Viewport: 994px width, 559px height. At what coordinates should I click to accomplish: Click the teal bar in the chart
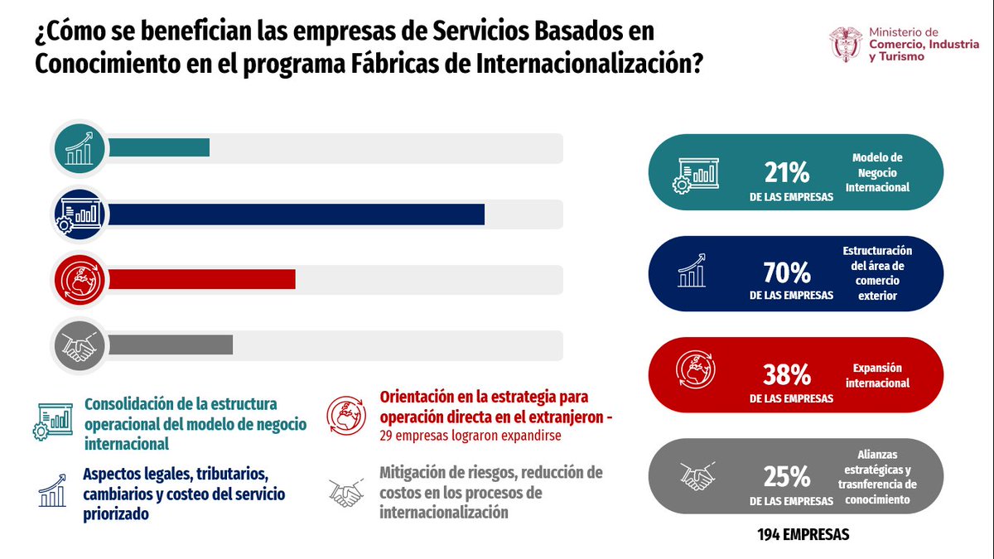158,148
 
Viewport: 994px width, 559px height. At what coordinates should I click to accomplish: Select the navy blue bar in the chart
296,214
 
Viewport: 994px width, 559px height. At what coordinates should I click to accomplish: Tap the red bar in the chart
201,280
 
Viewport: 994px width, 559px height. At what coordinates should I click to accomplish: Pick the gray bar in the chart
170,345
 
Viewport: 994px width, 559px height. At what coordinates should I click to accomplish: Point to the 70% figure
786,272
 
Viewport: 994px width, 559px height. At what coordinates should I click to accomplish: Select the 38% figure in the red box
786,375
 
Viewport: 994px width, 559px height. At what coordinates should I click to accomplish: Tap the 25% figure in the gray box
786,477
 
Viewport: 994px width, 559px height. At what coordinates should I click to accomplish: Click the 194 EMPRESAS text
803,535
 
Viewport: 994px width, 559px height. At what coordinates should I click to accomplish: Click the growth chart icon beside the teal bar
79,149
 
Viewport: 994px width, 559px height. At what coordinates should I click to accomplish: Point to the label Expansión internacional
877,375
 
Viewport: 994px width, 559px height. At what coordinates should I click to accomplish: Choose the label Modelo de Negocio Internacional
877,172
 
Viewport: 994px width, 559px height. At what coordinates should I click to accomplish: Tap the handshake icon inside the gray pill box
698,477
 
